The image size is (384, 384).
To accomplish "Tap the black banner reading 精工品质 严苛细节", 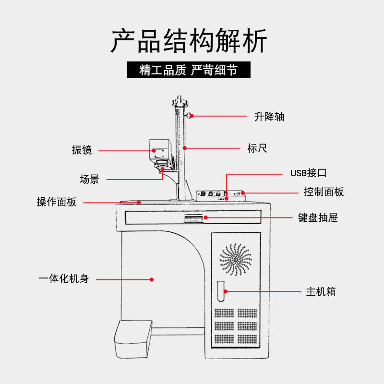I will tap(189, 70).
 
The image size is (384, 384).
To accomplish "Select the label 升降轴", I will tap(269, 116).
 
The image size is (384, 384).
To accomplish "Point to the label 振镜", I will tap(82, 150).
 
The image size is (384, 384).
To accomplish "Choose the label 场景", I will tap(89, 180).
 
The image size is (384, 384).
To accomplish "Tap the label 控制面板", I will tap(324, 192).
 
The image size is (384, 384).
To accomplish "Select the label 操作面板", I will tap(56, 202).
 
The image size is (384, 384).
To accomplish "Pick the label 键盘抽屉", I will tap(318, 217).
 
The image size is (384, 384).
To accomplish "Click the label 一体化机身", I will tap(63, 279).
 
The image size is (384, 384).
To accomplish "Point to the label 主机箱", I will tap(321, 291).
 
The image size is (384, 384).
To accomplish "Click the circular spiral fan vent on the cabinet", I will tap(236, 260).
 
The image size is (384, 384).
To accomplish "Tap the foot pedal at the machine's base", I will tap(132, 337).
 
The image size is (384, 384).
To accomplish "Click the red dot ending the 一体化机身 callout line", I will tap(151, 279).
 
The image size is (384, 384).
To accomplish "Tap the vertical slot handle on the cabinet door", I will tap(221, 290).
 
